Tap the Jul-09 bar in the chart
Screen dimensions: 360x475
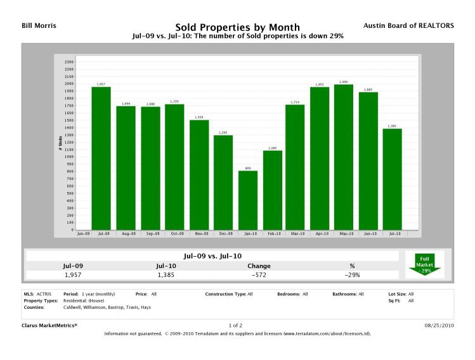(x=101, y=158)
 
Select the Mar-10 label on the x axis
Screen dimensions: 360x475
(x=296, y=234)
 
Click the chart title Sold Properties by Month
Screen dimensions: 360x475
(x=237, y=27)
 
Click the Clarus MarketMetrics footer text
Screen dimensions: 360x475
(x=49, y=325)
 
